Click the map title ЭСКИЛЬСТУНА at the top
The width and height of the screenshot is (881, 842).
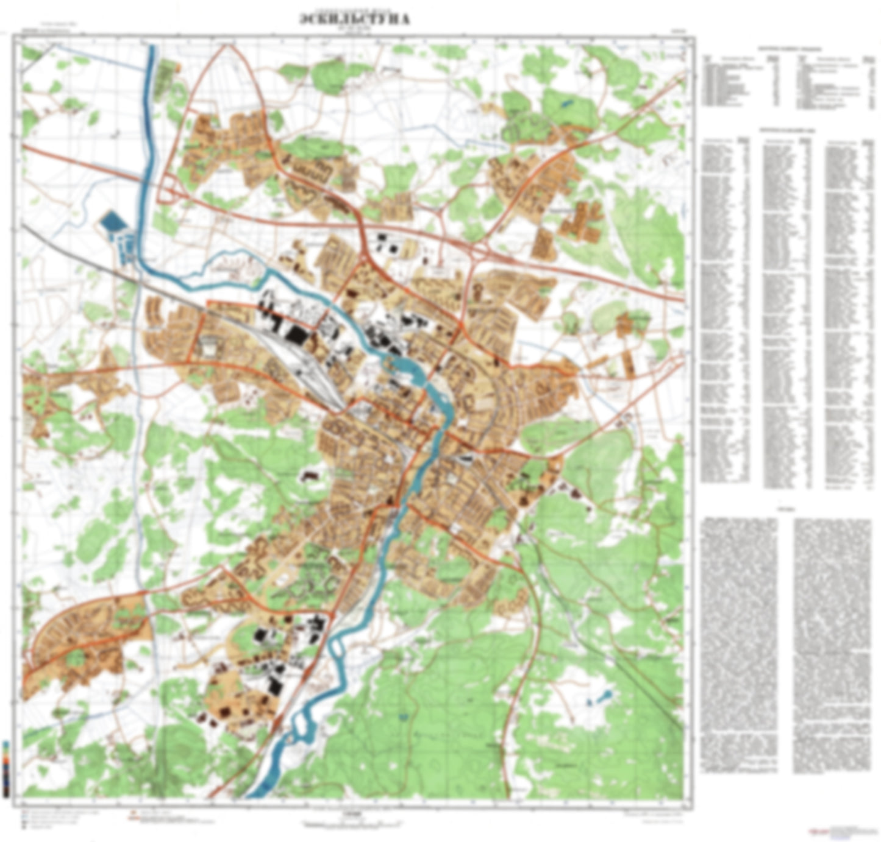point(355,19)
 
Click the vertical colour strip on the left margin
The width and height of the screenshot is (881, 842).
point(5,769)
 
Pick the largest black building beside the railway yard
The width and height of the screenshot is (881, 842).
point(296,334)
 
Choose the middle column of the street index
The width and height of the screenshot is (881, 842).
point(787,311)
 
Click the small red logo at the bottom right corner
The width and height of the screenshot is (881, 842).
point(815,830)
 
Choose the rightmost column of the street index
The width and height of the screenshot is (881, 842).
point(848,311)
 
